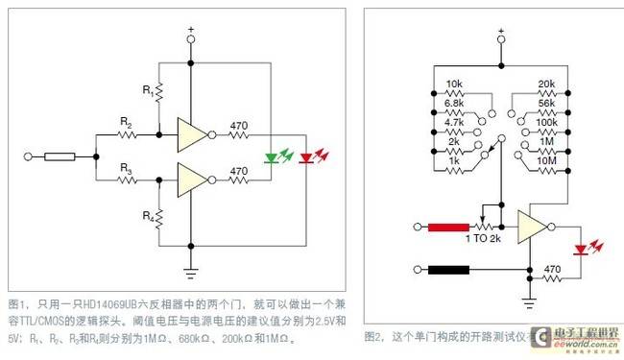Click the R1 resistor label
pyautogui.click(x=147, y=89)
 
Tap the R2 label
pyautogui.click(x=125, y=123)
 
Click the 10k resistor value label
pyautogui.click(x=456, y=84)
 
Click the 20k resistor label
pyautogui.click(x=548, y=84)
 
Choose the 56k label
pyautogui.click(x=548, y=103)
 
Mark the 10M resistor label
pyautogui.click(x=546, y=160)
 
